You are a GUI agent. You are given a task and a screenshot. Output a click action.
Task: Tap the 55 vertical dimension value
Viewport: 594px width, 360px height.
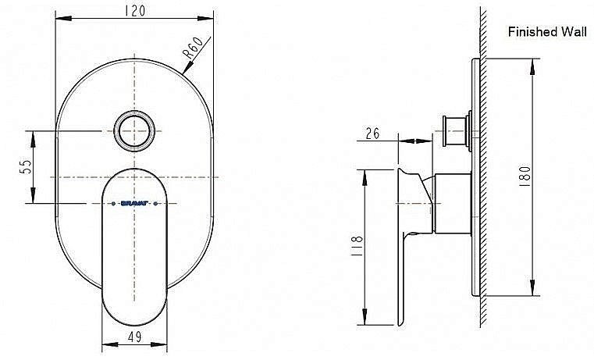pyautogui.click(x=24, y=166)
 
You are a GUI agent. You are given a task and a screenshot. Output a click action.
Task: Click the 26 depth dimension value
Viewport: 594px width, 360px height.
pyautogui.click(x=372, y=134)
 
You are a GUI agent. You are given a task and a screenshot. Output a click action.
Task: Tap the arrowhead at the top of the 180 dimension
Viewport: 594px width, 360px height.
pyautogui.click(x=533, y=64)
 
